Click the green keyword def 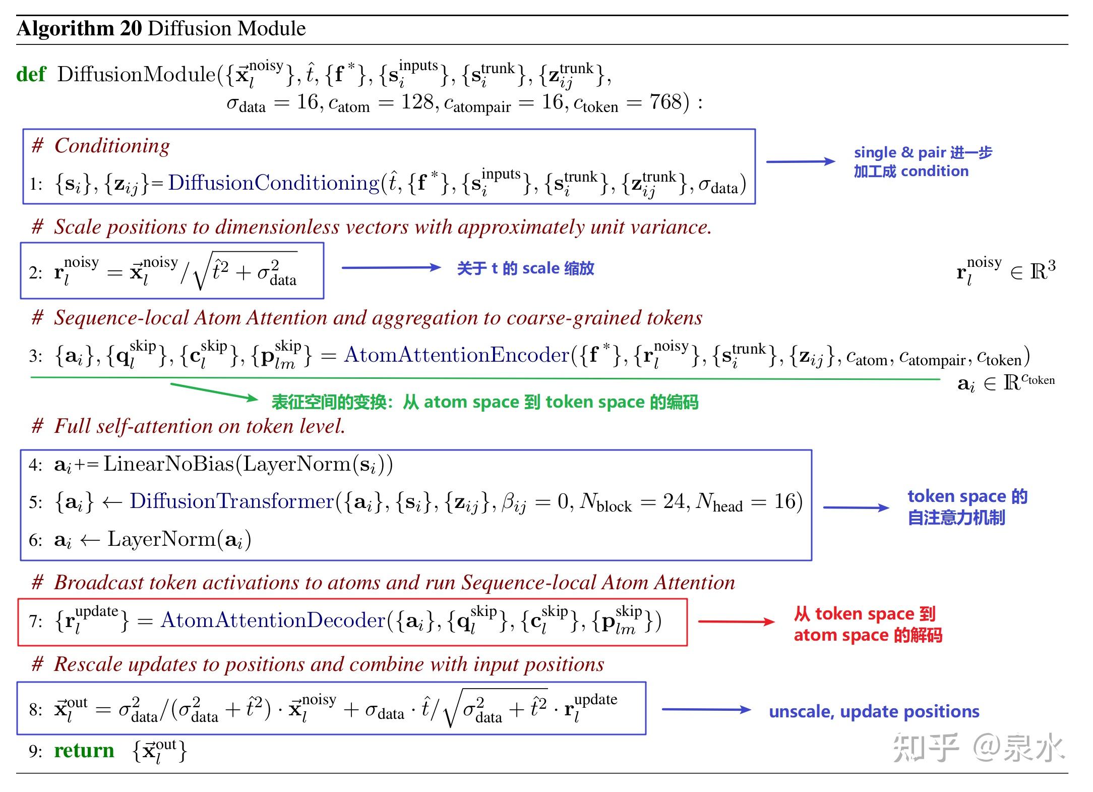[x=31, y=74]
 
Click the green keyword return [x=84, y=751]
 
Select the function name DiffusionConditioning [x=274, y=183]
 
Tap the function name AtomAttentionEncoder [x=457, y=355]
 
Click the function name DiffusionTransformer [x=232, y=501]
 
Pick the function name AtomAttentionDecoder [x=273, y=620]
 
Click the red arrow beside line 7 [x=737, y=621]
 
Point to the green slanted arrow [x=214, y=392]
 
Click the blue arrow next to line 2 [x=392, y=267]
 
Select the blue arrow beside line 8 [x=707, y=709]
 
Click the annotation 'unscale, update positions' [x=874, y=711]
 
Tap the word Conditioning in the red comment [x=112, y=146]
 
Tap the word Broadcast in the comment [x=98, y=583]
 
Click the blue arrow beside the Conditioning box [x=801, y=161]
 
